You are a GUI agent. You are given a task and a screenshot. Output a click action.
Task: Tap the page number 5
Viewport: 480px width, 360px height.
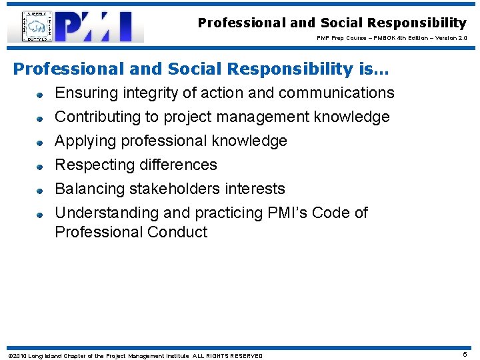pos(465,355)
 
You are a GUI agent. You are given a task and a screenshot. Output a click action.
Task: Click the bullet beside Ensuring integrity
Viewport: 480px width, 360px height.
pos(40,94)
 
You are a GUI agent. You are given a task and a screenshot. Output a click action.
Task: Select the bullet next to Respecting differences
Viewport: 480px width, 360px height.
pos(40,166)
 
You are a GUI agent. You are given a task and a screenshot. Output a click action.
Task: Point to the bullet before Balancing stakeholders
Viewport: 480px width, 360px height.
pos(40,190)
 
